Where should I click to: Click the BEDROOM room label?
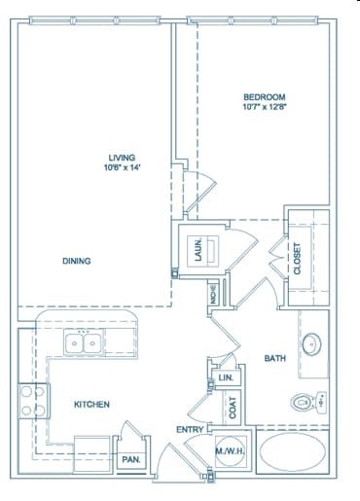pyautogui.click(x=264, y=96)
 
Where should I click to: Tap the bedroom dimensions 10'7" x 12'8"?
pyautogui.click(x=264, y=108)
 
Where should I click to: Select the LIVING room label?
pyautogui.click(x=122, y=157)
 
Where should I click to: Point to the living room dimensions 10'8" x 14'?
pyautogui.click(x=122, y=168)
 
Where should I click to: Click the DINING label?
pyautogui.click(x=77, y=261)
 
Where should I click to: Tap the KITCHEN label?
pyautogui.click(x=91, y=404)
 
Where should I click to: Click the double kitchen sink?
pyautogui.click(x=82, y=342)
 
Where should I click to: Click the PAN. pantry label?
pyautogui.click(x=129, y=459)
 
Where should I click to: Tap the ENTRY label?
pyautogui.click(x=189, y=430)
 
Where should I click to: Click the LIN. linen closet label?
pyautogui.click(x=227, y=377)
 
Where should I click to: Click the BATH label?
pyautogui.click(x=275, y=359)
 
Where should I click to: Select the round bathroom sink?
pyautogui.click(x=311, y=344)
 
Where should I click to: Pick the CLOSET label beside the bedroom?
pyautogui.click(x=298, y=259)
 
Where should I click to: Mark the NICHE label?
pyautogui.click(x=213, y=294)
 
